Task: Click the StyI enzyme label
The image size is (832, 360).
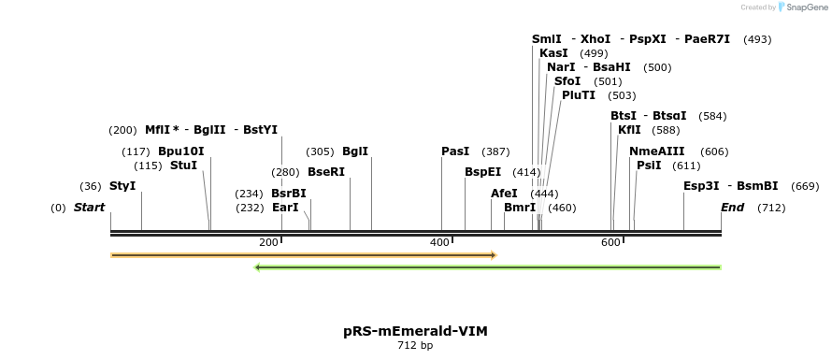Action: pyautogui.click(x=122, y=186)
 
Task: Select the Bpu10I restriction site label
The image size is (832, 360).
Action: pyautogui.click(x=180, y=151)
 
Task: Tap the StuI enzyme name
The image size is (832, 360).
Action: pyautogui.click(x=183, y=166)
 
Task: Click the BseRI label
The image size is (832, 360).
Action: pyautogui.click(x=326, y=172)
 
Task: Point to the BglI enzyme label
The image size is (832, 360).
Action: pyautogui.click(x=355, y=151)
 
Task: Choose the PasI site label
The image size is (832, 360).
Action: pyautogui.click(x=455, y=151)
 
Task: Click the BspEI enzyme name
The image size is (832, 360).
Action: pyautogui.click(x=483, y=172)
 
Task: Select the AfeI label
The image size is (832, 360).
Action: pyautogui.click(x=504, y=194)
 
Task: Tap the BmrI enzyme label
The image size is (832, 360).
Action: pyautogui.click(x=520, y=208)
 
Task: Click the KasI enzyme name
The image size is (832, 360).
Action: pyautogui.click(x=553, y=53)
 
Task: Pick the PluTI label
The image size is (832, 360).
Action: pyautogui.click(x=579, y=95)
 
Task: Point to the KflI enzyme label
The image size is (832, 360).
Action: pyautogui.click(x=629, y=130)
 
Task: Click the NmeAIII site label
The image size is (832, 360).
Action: pyautogui.click(x=657, y=151)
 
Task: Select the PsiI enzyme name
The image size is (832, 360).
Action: pyautogui.click(x=649, y=166)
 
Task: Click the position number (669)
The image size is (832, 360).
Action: pyautogui.click(x=805, y=186)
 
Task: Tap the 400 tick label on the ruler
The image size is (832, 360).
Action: pyautogui.click(x=439, y=243)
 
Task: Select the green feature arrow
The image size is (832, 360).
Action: pyautogui.click(x=487, y=267)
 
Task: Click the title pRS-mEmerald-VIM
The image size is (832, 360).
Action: pyautogui.click(x=415, y=331)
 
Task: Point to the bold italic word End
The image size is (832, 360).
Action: pyautogui.click(x=732, y=208)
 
